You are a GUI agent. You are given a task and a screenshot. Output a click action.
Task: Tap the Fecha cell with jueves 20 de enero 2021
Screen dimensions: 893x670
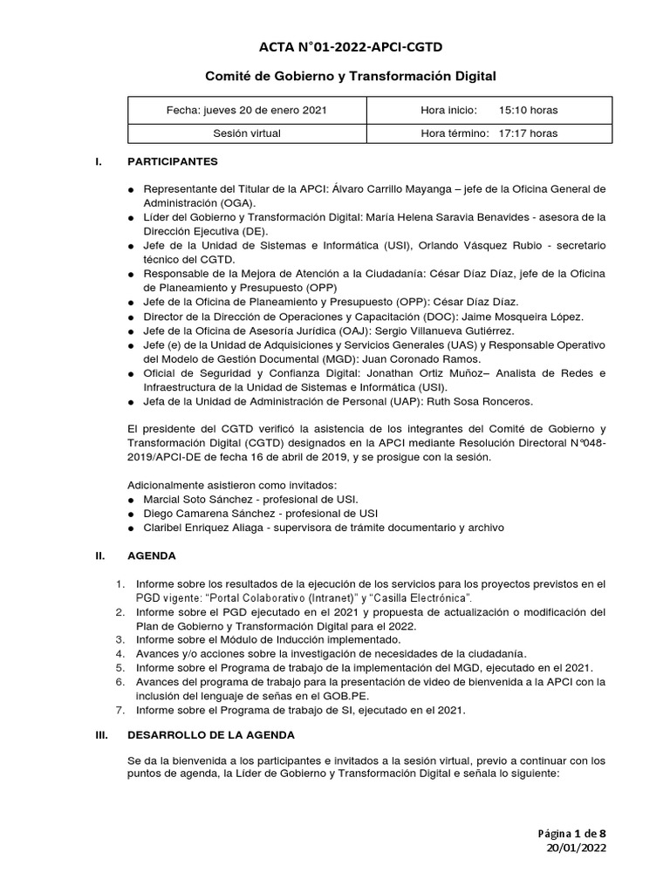click(x=248, y=111)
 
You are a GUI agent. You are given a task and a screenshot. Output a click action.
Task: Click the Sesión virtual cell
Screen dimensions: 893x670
click(x=248, y=133)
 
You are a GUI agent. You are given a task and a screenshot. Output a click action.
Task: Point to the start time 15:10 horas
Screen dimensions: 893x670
click(x=528, y=111)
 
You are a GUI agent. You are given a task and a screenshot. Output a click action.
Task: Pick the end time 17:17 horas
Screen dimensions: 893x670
click(x=528, y=133)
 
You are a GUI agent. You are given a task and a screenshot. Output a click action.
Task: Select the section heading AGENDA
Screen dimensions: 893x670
click(x=152, y=556)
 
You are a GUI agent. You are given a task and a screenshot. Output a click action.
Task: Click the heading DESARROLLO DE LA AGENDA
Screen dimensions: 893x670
click(x=211, y=735)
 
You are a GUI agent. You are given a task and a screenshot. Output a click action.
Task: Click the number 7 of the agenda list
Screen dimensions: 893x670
click(x=120, y=710)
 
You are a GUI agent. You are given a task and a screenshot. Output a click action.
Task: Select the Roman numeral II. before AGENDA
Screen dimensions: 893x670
click(x=99, y=556)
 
